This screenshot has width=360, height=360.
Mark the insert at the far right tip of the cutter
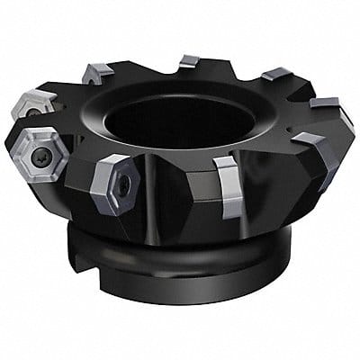pos(324,107)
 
